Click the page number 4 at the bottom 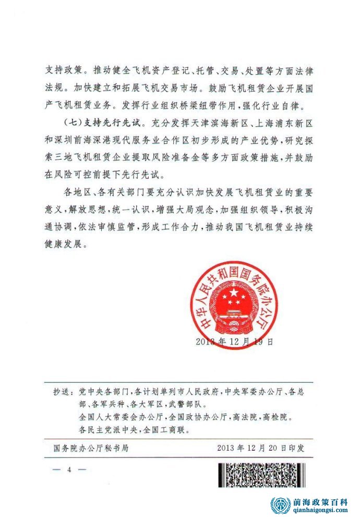pos(69,469)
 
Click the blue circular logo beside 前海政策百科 pos(280,505)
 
